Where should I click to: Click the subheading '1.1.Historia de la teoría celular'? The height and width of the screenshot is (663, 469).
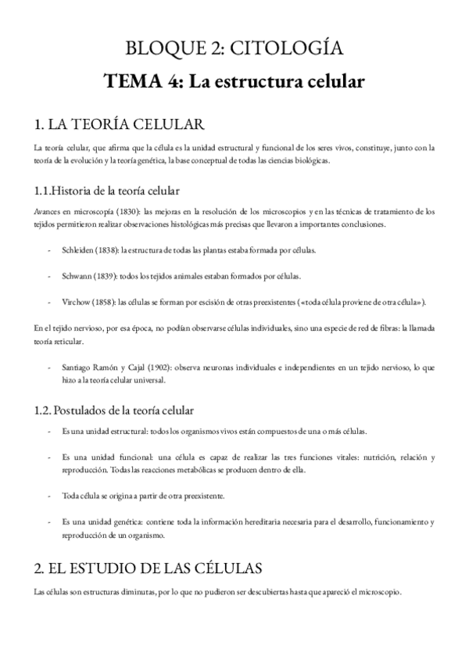[107, 191]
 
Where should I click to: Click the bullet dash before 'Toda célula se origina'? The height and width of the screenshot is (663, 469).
[50, 496]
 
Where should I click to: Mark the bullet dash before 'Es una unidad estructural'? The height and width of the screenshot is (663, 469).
[50, 432]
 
